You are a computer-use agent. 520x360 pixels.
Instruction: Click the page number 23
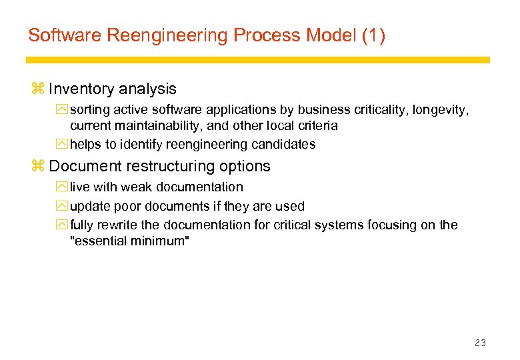point(480,343)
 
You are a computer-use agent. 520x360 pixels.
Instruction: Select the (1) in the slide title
point(373,35)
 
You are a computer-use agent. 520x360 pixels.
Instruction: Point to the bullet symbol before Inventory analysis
point(37,89)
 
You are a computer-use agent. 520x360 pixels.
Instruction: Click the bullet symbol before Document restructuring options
point(37,166)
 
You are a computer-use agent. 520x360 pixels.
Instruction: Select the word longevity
point(443,109)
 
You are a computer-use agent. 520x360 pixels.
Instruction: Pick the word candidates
point(287,144)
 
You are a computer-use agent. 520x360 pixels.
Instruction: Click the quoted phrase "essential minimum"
point(130,241)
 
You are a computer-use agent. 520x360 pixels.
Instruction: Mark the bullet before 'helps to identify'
point(63,144)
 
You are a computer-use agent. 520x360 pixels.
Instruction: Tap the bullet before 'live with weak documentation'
point(63,187)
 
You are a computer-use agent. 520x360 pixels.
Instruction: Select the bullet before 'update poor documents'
point(63,206)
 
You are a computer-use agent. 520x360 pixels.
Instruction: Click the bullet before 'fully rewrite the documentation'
point(63,225)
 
